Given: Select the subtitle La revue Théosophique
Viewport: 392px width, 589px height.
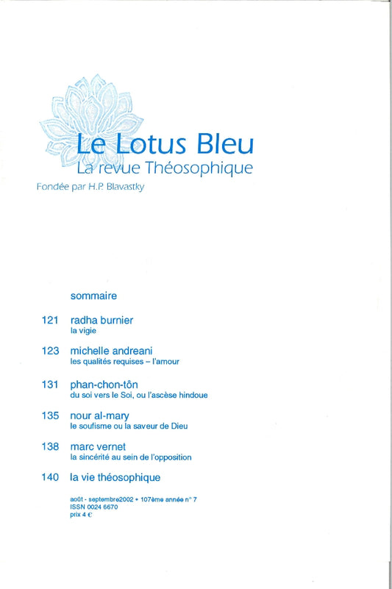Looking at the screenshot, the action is click(x=165, y=167).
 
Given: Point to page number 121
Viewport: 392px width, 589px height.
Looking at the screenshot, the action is click(x=51, y=321).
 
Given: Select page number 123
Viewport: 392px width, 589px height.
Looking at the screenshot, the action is click(x=51, y=351).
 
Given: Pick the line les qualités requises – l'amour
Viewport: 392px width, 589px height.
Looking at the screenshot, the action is click(x=124, y=362).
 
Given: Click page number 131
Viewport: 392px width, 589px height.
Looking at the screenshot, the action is click(x=51, y=384).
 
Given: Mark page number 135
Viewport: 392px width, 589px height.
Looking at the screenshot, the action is click(x=51, y=415).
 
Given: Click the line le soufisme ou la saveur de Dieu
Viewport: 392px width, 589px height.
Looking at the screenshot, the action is click(x=129, y=426).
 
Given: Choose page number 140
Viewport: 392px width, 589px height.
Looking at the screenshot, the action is click(x=51, y=478).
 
